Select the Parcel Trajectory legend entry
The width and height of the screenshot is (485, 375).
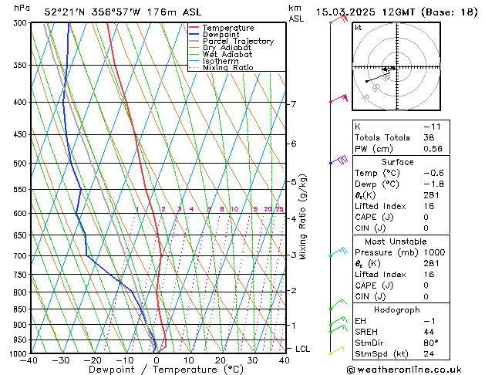pos(237,42)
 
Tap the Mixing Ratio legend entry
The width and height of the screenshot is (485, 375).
pos(227,68)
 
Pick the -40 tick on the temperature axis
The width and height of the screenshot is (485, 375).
pos(29,360)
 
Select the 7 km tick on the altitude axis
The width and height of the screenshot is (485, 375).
pos(293,104)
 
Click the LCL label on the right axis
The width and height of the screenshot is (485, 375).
pos(304,349)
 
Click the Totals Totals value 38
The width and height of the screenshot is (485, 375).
pos(429,137)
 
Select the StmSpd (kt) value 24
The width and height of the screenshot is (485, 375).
pos(429,355)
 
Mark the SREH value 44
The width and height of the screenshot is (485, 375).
pos(429,332)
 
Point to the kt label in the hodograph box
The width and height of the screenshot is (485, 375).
pos(359,28)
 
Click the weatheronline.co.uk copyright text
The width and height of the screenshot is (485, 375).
pos(414,369)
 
